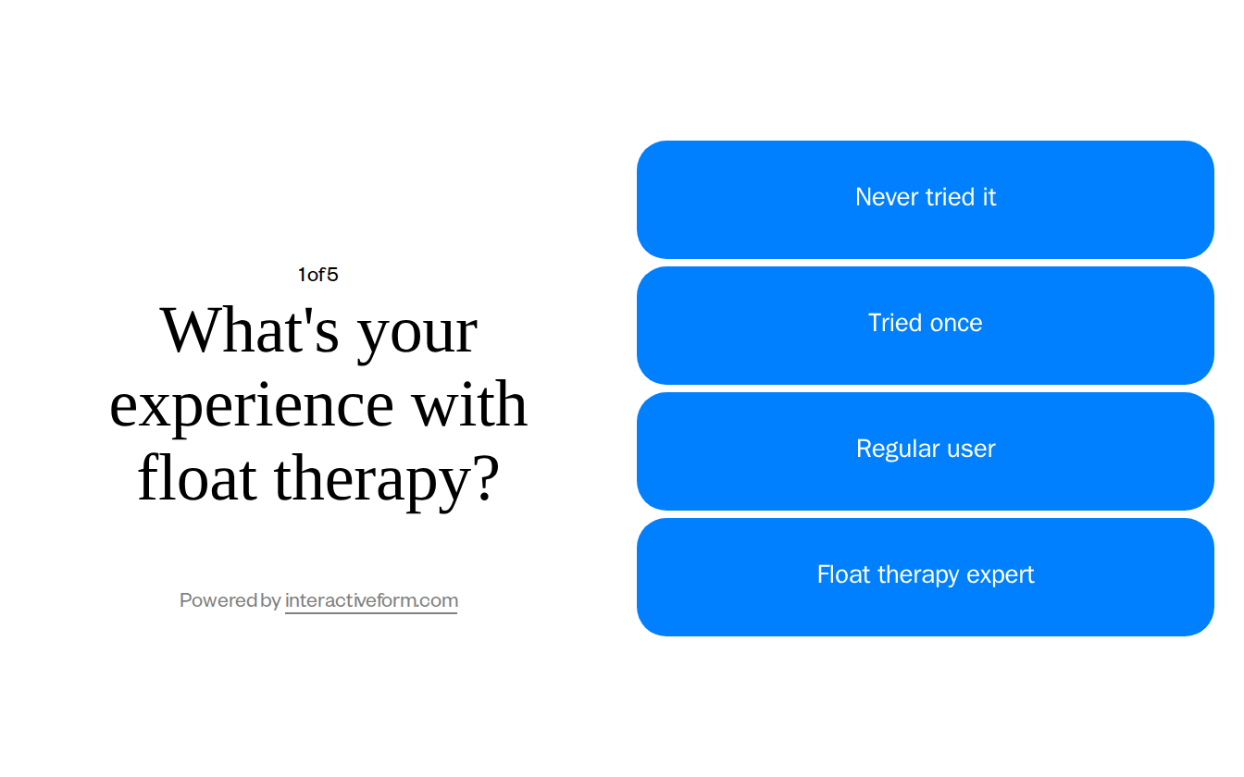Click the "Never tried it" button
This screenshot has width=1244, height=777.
926,200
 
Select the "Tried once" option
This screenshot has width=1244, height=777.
926,326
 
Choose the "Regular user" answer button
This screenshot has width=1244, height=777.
926,451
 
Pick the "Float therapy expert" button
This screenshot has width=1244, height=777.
926,577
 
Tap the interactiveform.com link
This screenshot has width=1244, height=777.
371,600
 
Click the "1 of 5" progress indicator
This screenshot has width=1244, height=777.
317,275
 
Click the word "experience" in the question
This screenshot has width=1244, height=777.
252,406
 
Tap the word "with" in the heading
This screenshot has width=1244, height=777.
469,404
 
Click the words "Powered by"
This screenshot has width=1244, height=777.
230,600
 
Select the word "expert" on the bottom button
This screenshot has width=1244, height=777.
1000,575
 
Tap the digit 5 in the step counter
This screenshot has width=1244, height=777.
332,275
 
